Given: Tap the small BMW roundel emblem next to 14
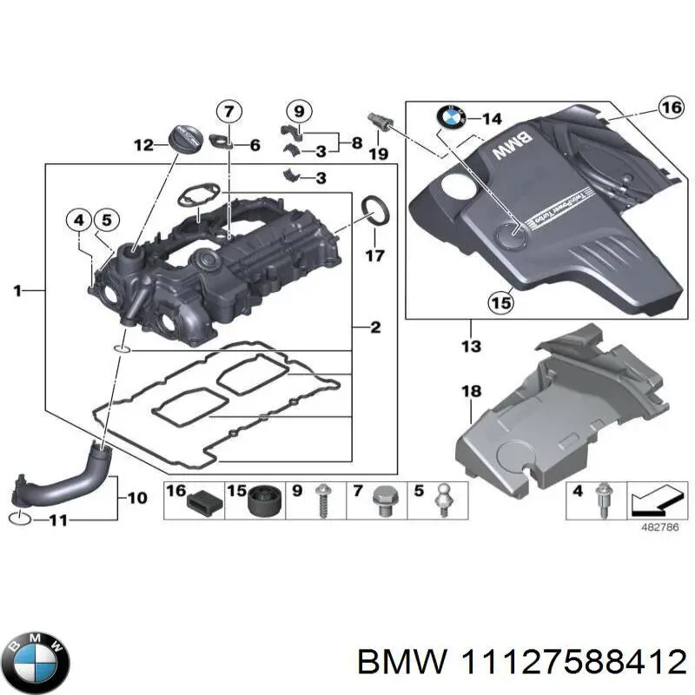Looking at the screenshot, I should click(453, 118).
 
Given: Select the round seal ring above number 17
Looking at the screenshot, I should click(375, 210).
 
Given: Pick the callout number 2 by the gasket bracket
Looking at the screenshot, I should click(375, 328).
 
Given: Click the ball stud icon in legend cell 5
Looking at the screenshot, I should click(441, 501).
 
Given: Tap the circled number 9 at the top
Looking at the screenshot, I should click(297, 110).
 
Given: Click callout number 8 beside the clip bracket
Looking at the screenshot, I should click(356, 141).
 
